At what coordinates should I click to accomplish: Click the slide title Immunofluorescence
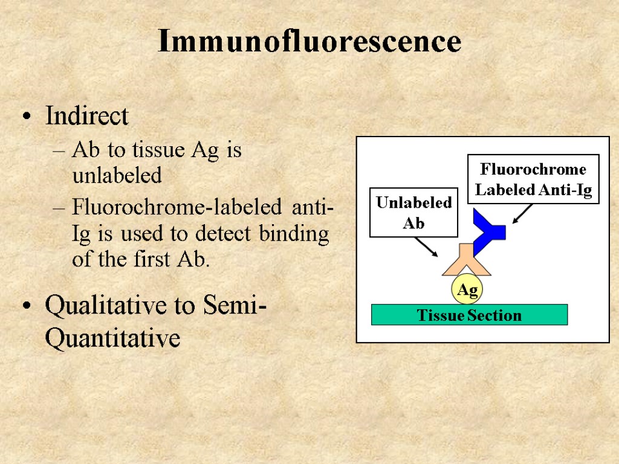[309, 42]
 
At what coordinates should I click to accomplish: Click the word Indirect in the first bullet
[87, 116]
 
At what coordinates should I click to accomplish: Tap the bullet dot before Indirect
[25, 117]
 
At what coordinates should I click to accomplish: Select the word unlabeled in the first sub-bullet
[117, 176]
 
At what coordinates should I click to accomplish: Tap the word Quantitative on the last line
[112, 338]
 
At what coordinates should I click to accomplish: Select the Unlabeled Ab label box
[413, 212]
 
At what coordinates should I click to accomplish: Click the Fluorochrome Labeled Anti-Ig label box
[533, 179]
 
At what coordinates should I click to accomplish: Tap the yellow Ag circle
[467, 291]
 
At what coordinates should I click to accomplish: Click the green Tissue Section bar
[469, 315]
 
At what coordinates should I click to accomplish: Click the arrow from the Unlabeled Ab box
[427, 246]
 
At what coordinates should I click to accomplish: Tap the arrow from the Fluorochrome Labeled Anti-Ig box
[522, 213]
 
